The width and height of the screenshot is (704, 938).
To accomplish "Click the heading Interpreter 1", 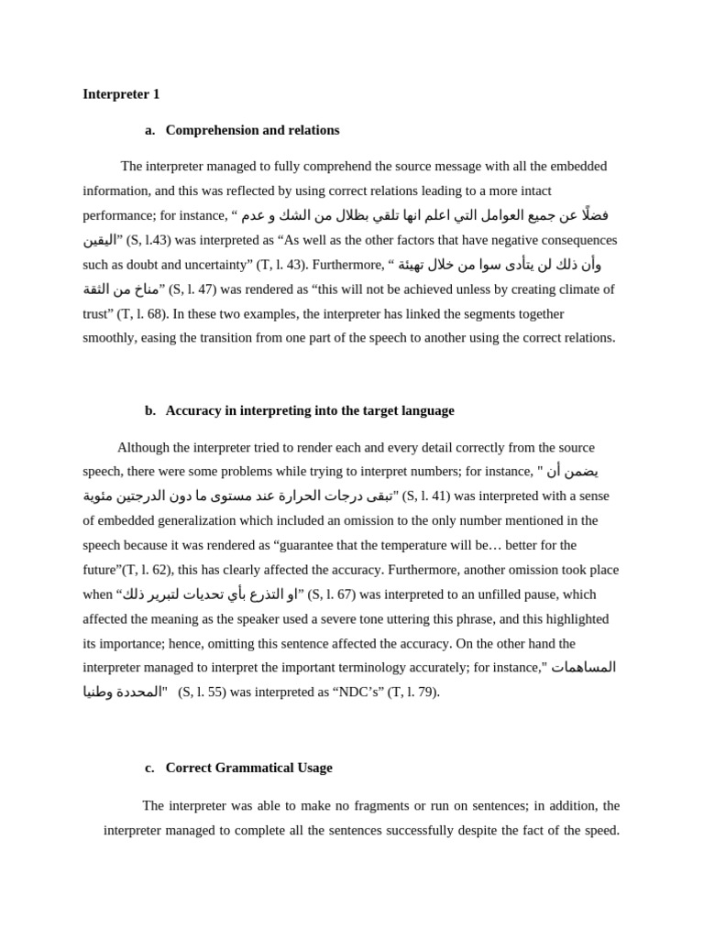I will [x=121, y=93].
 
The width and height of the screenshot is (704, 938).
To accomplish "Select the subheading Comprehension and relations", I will [x=252, y=130].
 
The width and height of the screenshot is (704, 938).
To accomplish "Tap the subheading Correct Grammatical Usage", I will [x=248, y=768].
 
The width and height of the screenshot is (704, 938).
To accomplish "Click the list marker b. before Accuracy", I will [x=150, y=410].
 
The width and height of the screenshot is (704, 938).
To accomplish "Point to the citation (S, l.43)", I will [x=148, y=240].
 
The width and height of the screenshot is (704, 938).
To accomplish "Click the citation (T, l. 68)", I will [x=141, y=313].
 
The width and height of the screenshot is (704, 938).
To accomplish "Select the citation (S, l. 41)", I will [x=426, y=496].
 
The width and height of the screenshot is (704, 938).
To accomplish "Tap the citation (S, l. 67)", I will [x=331, y=594].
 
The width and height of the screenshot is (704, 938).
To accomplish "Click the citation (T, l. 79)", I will [x=413, y=692].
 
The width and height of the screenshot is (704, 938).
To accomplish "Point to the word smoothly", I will [x=111, y=337].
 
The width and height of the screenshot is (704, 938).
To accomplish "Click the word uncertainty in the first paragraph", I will [x=210, y=265].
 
